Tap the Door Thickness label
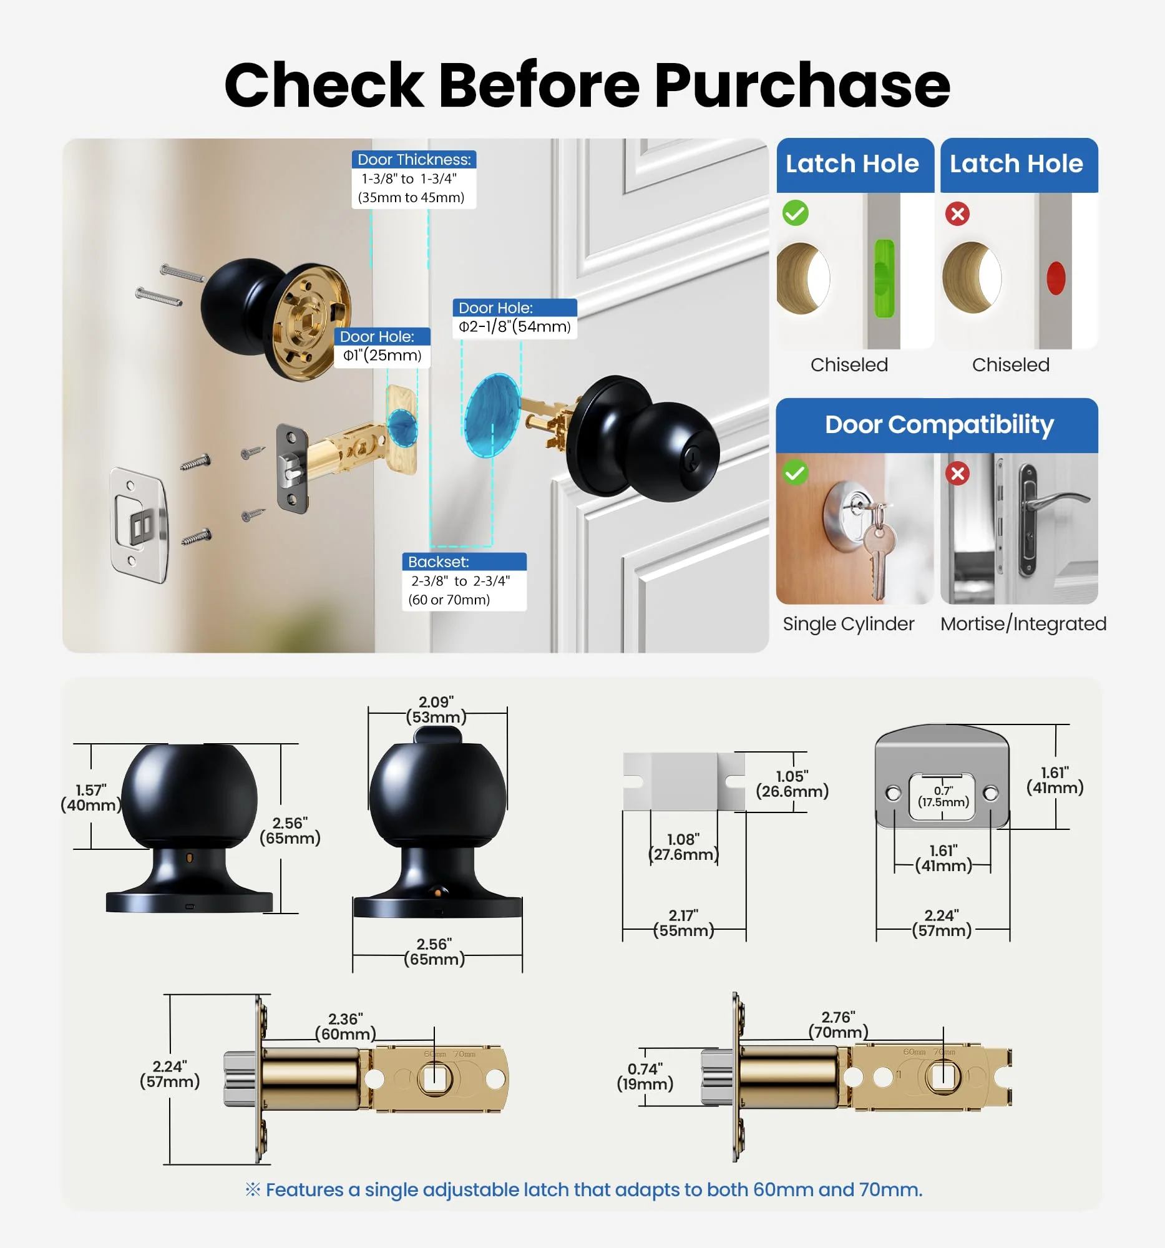pos(414,160)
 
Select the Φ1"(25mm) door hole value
pos(383,355)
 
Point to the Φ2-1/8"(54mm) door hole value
pos(515,326)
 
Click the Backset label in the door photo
pos(439,562)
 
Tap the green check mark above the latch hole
pos(796,213)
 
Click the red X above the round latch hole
pos(957,213)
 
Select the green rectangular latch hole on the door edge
pos(884,278)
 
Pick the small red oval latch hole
pos(1056,278)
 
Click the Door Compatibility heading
pos(939,424)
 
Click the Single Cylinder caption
pos(848,623)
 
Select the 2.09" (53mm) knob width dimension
pos(436,709)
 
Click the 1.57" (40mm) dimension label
pos(91,797)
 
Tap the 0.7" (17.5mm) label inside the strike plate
pos(943,796)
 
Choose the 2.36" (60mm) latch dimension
pos(345,1026)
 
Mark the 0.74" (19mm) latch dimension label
pos(645,1076)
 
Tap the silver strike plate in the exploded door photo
pos(139,525)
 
